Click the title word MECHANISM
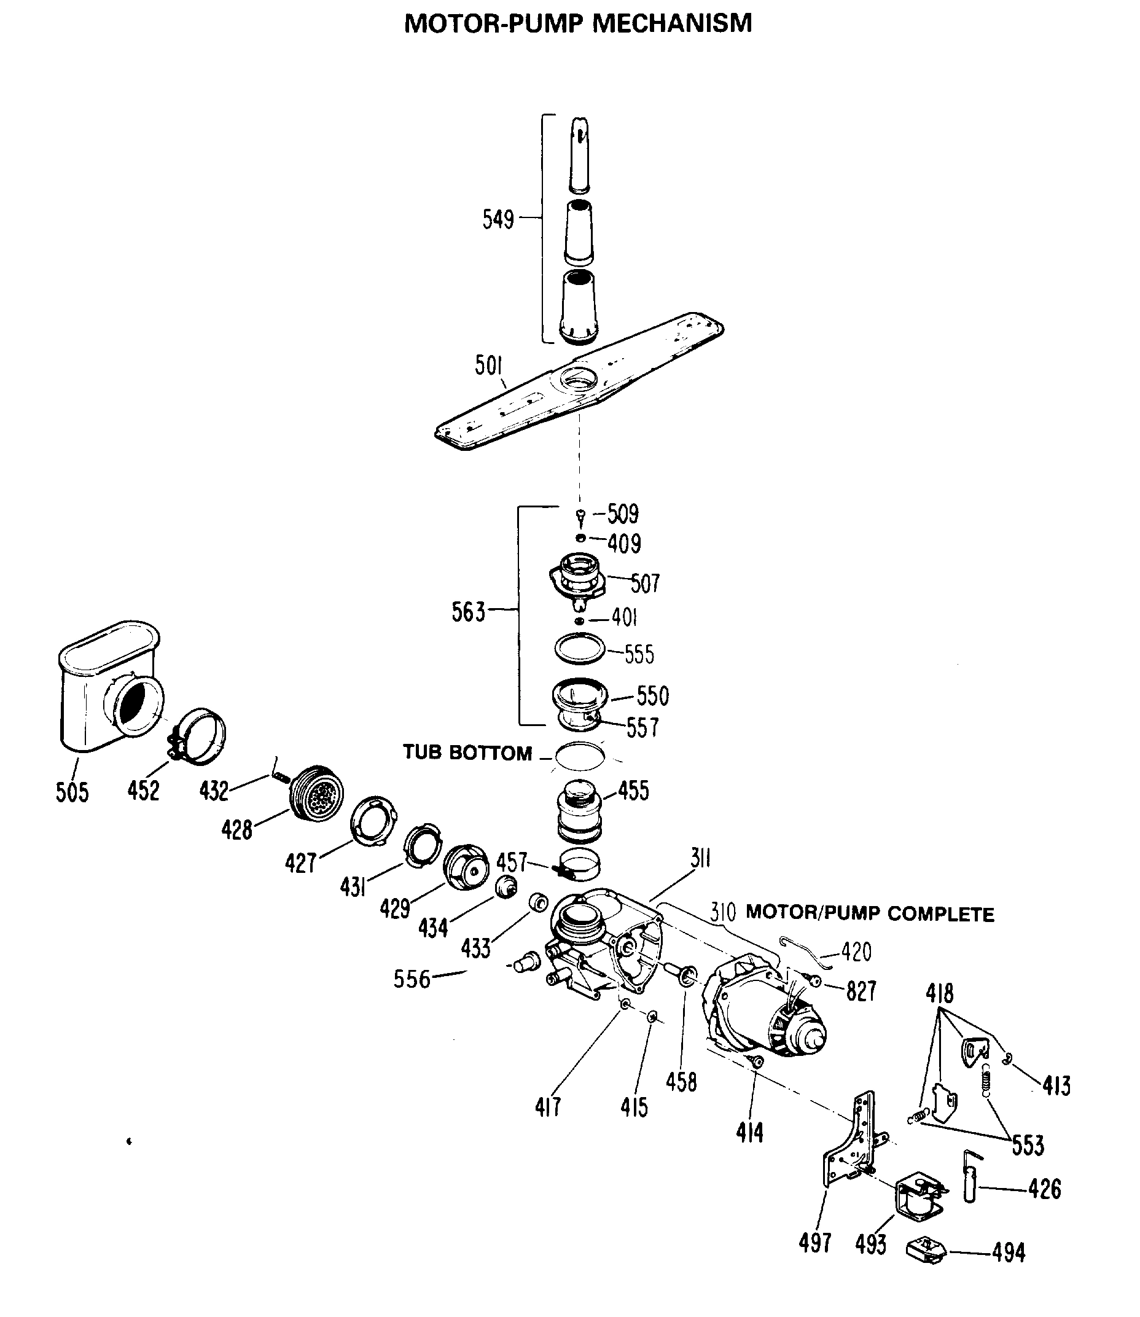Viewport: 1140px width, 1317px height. [x=672, y=23]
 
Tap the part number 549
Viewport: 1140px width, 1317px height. [x=498, y=219]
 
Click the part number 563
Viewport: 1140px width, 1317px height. [x=468, y=612]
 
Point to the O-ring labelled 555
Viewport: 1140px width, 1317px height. [x=577, y=649]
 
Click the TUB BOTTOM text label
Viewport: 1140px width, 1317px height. [x=467, y=752]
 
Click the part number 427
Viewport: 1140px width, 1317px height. [x=301, y=864]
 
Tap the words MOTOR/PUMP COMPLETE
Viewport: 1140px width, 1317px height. [x=869, y=913]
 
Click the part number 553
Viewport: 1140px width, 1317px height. [x=1028, y=1145]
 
